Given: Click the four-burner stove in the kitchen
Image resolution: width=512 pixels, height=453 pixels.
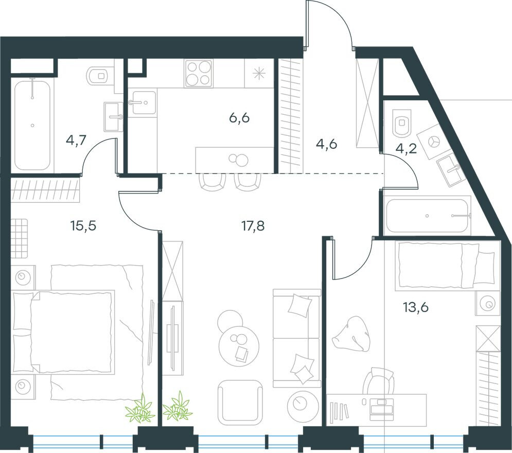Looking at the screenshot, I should (199, 73).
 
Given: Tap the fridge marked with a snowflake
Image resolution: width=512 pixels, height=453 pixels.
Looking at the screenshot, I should (259, 73).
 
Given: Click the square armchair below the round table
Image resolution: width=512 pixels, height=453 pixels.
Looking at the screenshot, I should (240, 402).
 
